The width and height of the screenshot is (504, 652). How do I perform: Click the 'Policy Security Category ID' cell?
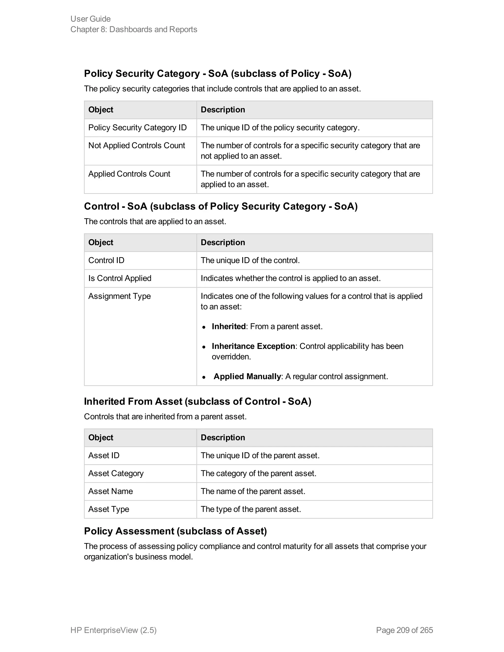pyautogui.click(x=137, y=128)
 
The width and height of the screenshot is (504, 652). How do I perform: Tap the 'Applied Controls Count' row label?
pyautogui.click(x=129, y=174)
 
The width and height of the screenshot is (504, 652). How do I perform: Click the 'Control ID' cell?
pyautogui.click(x=106, y=260)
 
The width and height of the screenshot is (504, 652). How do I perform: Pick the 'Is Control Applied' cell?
pyautogui.click(x=120, y=278)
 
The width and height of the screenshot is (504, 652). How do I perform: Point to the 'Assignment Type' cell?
pyautogui.click(x=119, y=296)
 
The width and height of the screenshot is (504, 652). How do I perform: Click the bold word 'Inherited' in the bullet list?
pyautogui.click(x=228, y=326)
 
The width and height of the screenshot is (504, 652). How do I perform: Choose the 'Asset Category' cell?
pyautogui.click(x=116, y=473)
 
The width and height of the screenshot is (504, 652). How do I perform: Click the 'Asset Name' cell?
pyautogui.click(x=110, y=491)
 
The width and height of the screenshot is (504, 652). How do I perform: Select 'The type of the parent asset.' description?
pyautogui.click(x=251, y=509)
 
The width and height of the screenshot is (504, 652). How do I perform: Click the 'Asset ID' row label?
pyautogui.click(x=104, y=456)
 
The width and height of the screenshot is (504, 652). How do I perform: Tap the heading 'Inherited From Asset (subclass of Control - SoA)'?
pyautogui.click(x=197, y=402)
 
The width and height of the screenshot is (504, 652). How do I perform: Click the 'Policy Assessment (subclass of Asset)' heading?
pyautogui.click(x=175, y=531)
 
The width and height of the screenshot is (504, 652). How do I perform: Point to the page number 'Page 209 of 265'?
pyautogui.click(x=404, y=630)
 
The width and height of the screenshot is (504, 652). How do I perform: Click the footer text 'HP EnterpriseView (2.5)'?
pyautogui.click(x=113, y=630)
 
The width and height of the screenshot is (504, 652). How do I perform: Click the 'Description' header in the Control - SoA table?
pyautogui.click(x=223, y=242)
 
